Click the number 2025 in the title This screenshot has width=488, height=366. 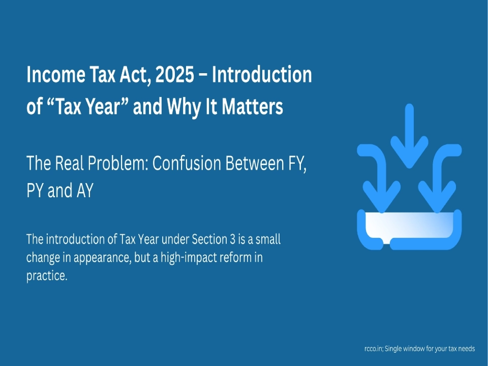174,74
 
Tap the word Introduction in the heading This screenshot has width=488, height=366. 262,74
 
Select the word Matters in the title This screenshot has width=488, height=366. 253,106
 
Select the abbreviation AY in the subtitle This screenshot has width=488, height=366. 85,190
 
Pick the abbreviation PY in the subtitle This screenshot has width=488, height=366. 35,190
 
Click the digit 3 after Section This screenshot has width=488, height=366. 233,239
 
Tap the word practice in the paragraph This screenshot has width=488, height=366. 47,276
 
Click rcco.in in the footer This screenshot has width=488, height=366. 374,349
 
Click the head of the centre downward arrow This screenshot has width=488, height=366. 409,152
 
